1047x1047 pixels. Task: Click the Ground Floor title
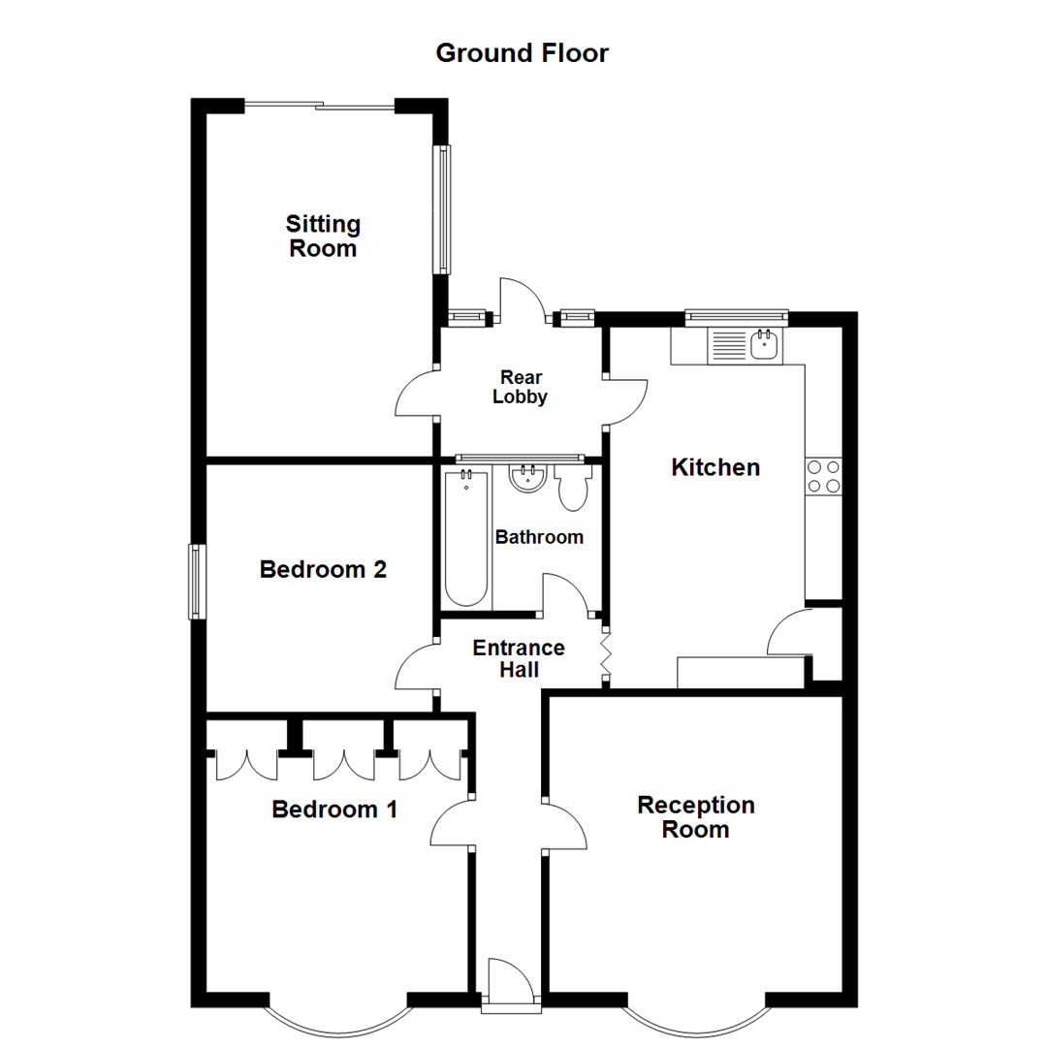(523, 52)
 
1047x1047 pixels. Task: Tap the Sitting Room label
(323, 237)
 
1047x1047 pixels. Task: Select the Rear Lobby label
(521, 387)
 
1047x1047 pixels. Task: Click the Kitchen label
(715, 467)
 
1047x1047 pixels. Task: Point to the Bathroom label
(539, 537)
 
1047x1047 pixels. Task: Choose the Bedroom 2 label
(323, 570)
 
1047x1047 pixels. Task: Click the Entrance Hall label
(519, 658)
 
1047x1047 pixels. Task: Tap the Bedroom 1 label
(334, 809)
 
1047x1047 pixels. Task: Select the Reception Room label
(696, 817)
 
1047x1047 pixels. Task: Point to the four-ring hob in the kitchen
(823, 475)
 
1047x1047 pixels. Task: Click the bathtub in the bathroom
(466, 538)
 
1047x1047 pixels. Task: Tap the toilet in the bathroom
(574, 487)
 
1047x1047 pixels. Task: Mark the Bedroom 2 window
(197, 582)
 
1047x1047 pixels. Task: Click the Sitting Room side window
(442, 208)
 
